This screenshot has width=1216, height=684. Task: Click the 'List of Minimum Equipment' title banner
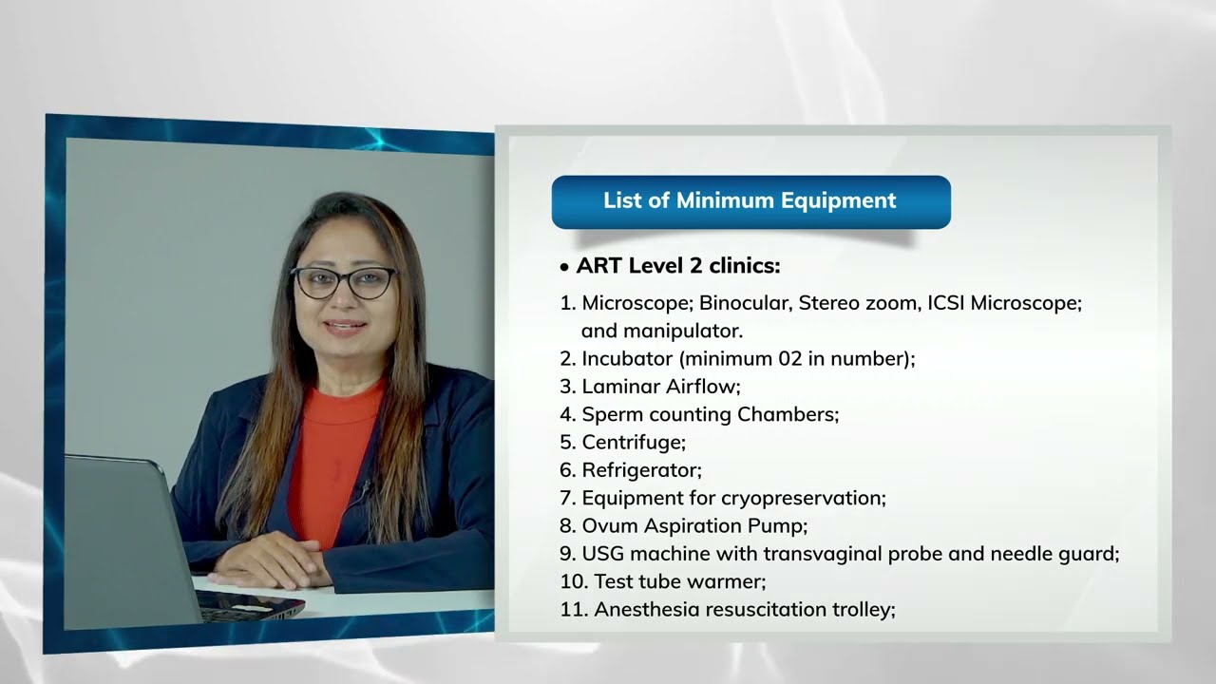[x=750, y=201]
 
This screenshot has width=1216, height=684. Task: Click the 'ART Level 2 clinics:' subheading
[x=677, y=266]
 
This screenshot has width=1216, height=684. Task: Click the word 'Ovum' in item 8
[x=608, y=525]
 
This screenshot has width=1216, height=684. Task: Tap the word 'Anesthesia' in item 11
[x=649, y=609]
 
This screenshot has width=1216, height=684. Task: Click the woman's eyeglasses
[x=344, y=282]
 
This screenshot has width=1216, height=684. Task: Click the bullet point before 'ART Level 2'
[x=564, y=268]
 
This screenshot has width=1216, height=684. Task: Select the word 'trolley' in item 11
[x=861, y=609]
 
